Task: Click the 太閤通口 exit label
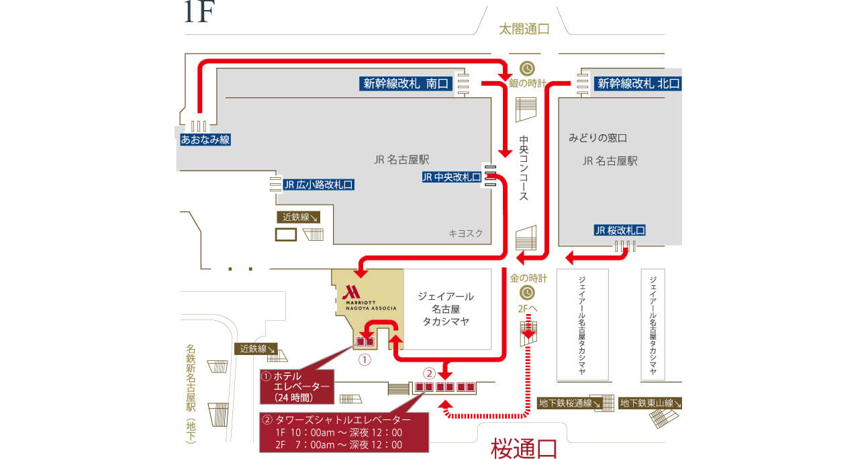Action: [524, 29]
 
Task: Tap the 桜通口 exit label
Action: [524, 448]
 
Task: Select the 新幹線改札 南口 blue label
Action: [406, 83]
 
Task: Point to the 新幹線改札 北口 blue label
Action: [638, 83]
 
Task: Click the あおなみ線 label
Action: [205, 140]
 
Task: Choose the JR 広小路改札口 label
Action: [318, 185]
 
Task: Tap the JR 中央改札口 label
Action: [452, 177]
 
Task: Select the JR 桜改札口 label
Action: [620, 230]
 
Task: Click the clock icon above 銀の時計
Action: [527, 68]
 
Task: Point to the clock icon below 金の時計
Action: [527, 293]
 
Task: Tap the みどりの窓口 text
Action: [598, 138]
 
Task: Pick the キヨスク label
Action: [466, 234]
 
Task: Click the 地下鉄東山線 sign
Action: [650, 403]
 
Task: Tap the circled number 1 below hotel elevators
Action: [365, 360]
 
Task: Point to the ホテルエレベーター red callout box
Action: [297, 387]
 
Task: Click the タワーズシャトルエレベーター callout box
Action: [344, 433]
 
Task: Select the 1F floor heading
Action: [199, 12]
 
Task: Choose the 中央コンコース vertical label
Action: [524, 168]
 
